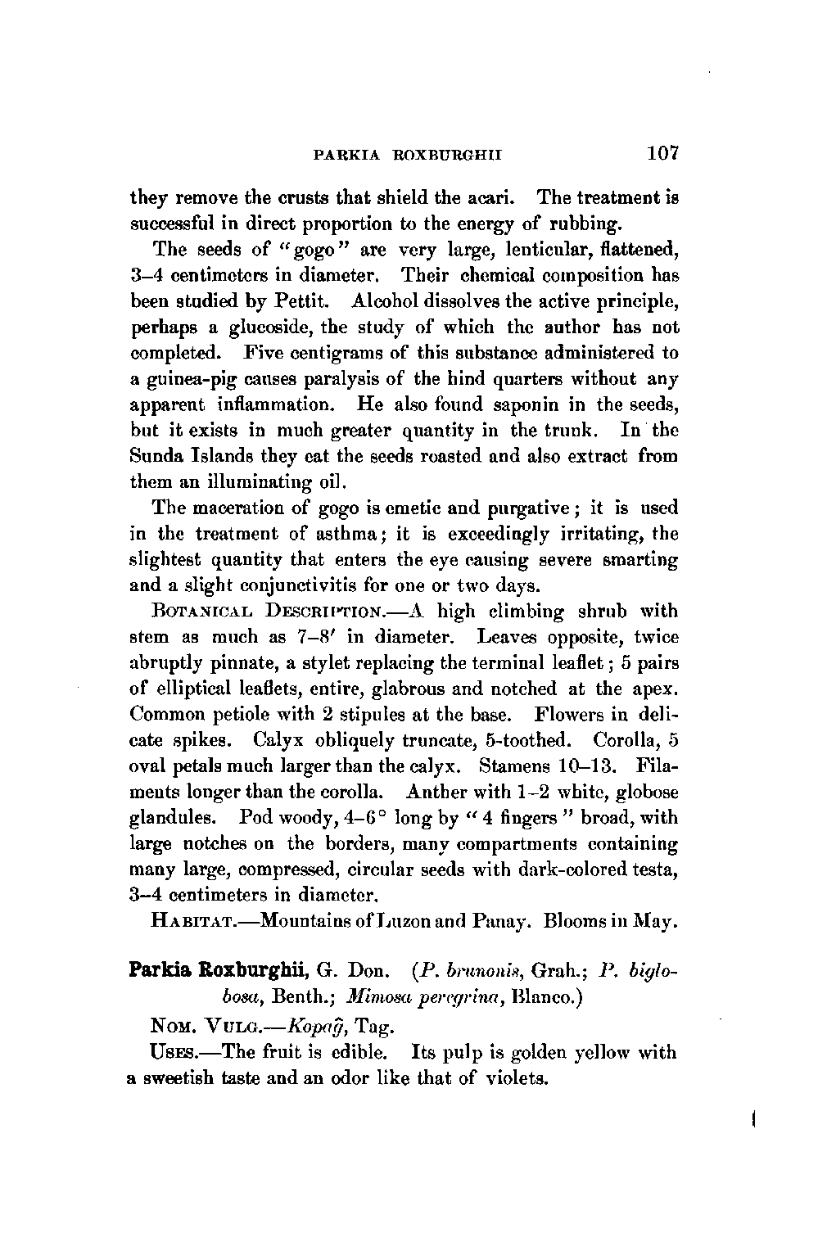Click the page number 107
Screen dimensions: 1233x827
(663, 153)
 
